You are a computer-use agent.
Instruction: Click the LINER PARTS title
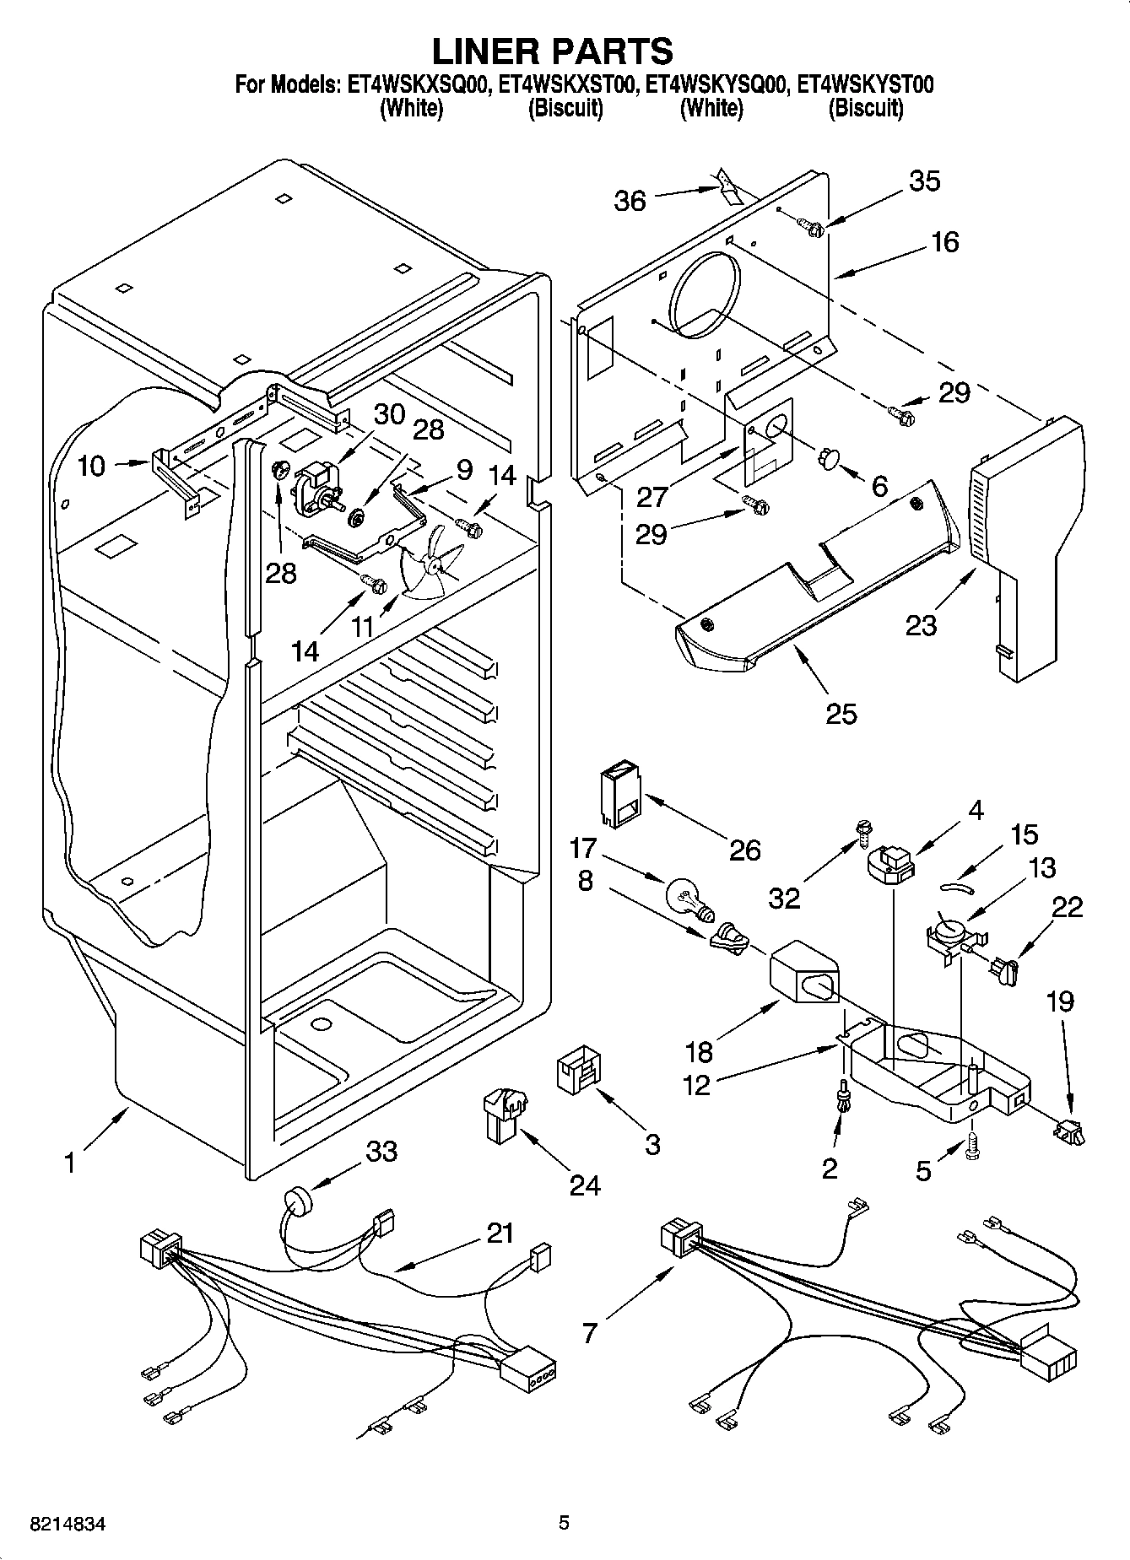pyautogui.click(x=553, y=51)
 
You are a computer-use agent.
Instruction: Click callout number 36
pyautogui.click(x=630, y=201)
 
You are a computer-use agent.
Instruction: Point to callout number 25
pyautogui.click(x=841, y=714)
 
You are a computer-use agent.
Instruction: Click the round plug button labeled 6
pyautogui.click(x=829, y=458)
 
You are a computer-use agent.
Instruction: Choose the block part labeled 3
pyautogui.click(x=578, y=1073)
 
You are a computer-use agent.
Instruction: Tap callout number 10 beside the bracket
pyautogui.click(x=91, y=465)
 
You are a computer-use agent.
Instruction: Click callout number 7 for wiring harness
pyautogui.click(x=589, y=1332)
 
